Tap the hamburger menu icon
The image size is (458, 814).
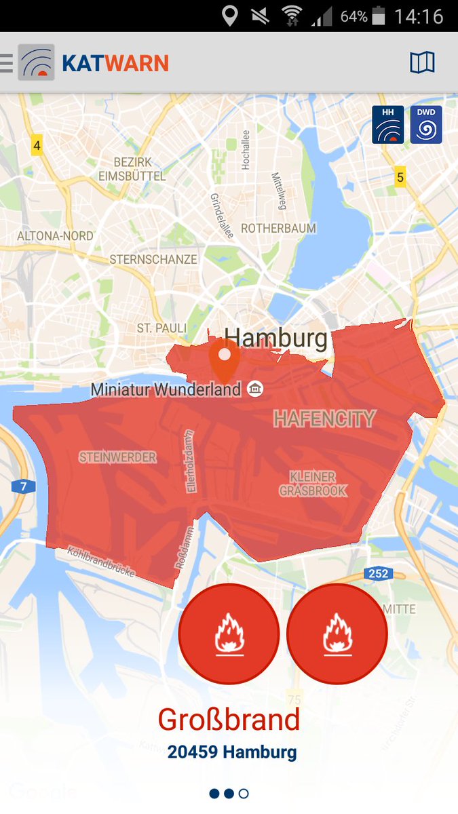7,63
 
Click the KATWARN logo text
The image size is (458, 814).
115,64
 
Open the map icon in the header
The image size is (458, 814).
422,63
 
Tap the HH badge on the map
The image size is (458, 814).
387,125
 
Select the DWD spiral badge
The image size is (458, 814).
426,125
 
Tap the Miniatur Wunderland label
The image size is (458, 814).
166,389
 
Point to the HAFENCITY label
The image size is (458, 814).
324,419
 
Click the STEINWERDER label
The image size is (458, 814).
117,457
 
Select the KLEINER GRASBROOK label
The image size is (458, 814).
313,483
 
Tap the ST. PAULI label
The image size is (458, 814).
161,328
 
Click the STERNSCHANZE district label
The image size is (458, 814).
153,259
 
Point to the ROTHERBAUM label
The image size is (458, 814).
278,229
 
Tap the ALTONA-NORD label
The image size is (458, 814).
55,236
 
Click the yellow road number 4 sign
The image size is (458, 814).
37,145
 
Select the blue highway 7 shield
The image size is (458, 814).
23,486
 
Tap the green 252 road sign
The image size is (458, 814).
378,574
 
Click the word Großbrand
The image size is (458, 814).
229,720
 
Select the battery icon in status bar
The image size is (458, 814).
379,16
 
